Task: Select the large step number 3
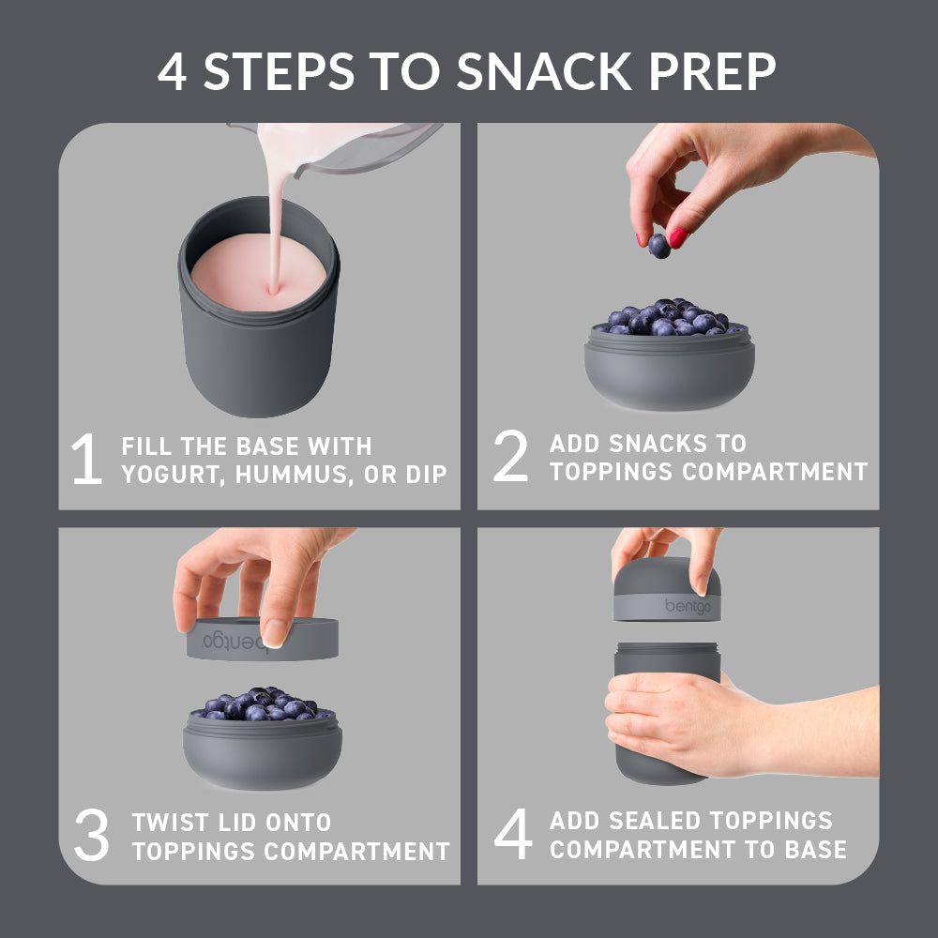tap(91, 838)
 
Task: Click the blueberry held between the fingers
tap(659, 246)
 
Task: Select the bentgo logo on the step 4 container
tap(689, 606)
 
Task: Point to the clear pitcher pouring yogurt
tap(366, 150)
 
